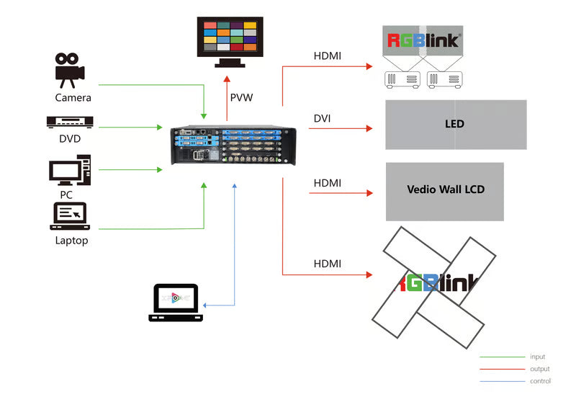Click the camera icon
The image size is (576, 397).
70,68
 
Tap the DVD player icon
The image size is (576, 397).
70,122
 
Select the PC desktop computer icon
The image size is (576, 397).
70,171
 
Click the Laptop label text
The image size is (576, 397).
71,241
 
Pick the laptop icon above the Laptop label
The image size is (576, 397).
69,216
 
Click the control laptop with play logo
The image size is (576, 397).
176,302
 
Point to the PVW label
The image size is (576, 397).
241,97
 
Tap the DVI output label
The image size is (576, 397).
322,118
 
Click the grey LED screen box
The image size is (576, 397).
456,124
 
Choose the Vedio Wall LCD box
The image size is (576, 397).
445,191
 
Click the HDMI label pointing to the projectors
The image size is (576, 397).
327,55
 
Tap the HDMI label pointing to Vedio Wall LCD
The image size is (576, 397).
327,183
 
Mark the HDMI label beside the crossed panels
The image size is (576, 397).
327,264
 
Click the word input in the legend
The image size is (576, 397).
537,357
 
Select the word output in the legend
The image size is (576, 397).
539,369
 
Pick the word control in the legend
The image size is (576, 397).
540,381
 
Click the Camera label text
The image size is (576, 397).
73,97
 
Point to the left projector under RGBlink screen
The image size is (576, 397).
402,80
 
